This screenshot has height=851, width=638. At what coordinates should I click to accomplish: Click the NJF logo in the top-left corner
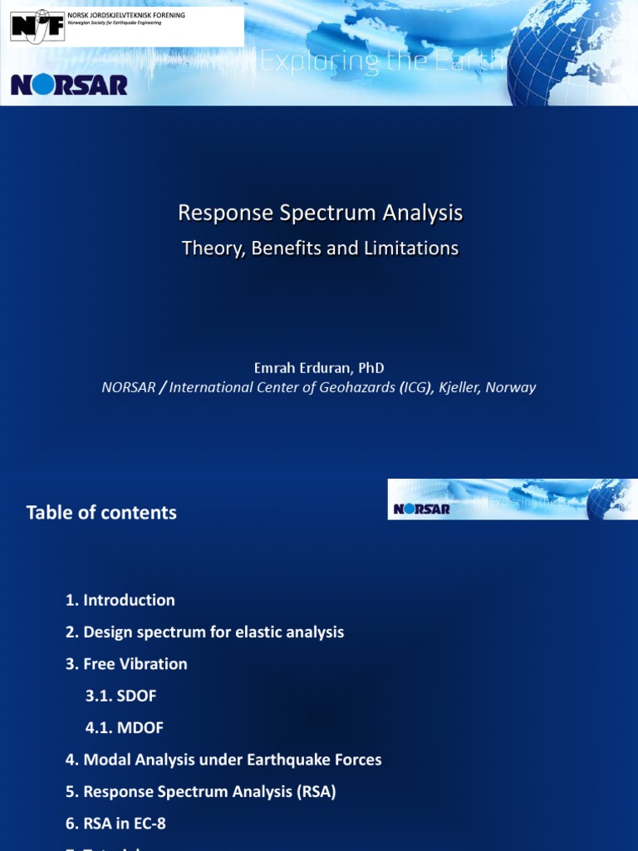[x=37, y=27]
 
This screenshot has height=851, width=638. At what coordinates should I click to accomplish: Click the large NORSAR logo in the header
[x=69, y=84]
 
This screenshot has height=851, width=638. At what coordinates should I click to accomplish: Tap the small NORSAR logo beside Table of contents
[x=421, y=508]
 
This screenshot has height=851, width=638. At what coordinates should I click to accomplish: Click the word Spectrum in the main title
[x=326, y=214]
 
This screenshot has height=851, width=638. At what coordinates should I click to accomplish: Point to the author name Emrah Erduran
[x=297, y=367]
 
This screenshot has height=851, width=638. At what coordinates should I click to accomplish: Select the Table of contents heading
[x=101, y=513]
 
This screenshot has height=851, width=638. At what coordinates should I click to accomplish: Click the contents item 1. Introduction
[x=120, y=600]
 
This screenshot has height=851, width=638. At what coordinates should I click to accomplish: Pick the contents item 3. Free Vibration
[x=126, y=664]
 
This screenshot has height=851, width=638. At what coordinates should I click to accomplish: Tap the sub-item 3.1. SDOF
[x=120, y=696]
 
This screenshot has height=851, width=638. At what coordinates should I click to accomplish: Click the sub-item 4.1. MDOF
[x=125, y=728]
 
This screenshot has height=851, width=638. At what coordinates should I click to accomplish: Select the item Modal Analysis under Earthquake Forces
[x=223, y=760]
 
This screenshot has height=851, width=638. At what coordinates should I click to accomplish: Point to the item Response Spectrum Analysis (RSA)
[x=200, y=792]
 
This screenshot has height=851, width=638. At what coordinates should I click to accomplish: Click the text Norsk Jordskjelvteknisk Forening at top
[x=126, y=16]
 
